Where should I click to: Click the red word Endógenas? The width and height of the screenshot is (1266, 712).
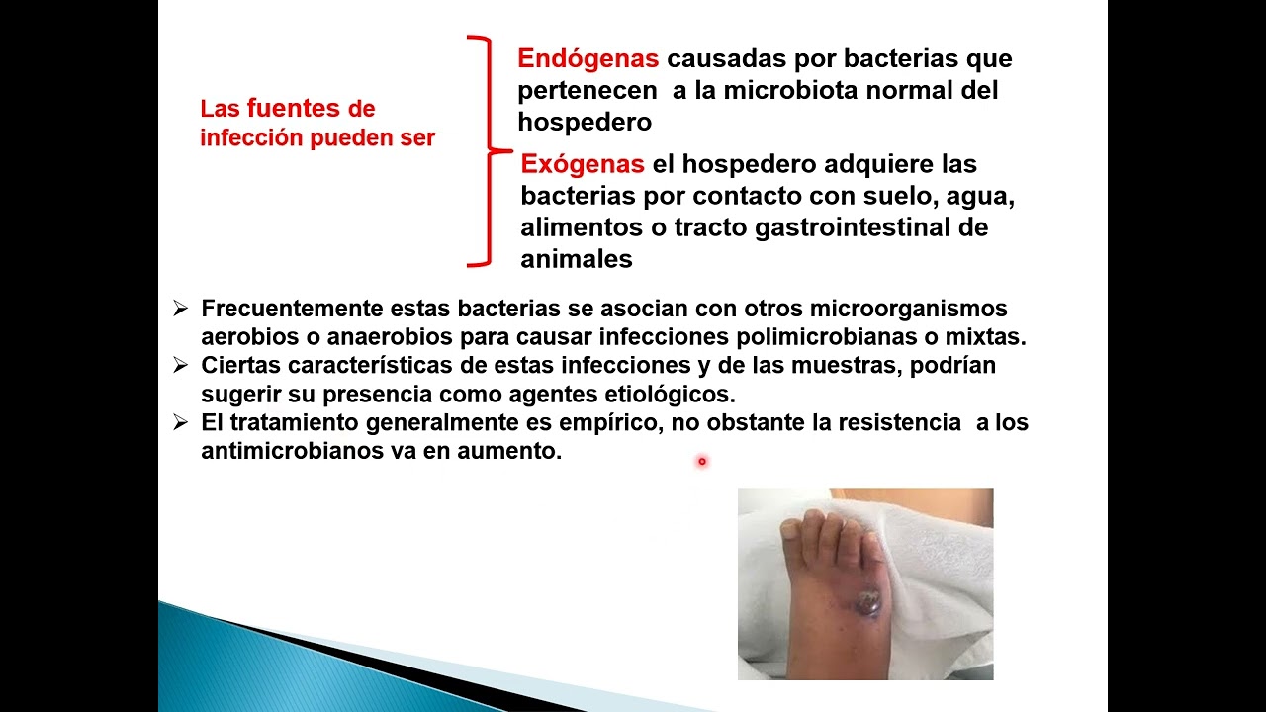(x=588, y=59)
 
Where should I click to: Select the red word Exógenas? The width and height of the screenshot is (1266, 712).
(x=583, y=164)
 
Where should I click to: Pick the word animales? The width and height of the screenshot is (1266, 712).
(x=576, y=259)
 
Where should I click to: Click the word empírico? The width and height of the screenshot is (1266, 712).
(x=607, y=423)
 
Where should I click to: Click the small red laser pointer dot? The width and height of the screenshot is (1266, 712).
(x=701, y=461)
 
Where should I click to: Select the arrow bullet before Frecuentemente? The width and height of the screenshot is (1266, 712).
(x=180, y=309)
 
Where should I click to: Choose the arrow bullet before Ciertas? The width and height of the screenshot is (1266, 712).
(x=180, y=366)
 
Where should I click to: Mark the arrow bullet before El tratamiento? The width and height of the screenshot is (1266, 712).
(x=180, y=423)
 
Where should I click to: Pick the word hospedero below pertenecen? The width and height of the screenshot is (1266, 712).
(x=585, y=123)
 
